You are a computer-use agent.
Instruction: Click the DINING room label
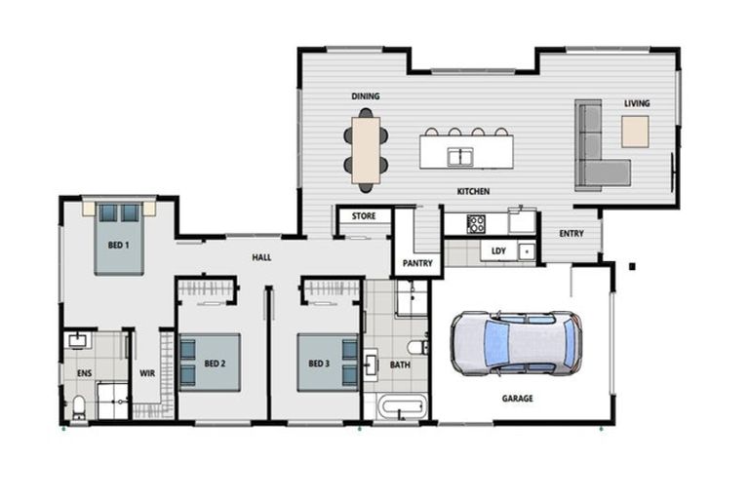[366, 96]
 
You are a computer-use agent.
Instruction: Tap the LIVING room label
[637, 103]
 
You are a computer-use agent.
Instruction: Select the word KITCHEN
[473, 191]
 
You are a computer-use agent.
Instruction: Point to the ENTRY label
[572, 234]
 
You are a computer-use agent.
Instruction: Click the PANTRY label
[417, 263]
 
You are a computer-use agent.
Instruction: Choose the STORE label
[364, 216]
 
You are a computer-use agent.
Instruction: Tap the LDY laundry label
[498, 251]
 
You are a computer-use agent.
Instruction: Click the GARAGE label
[517, 399]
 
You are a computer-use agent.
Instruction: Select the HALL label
[261, 258]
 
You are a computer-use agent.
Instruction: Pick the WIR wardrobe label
[147, 373]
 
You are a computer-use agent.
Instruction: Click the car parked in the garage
[516, 343]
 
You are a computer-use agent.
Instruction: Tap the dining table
[366, 150]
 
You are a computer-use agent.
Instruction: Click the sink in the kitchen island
[460, 157]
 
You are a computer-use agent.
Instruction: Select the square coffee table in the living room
[635, 132]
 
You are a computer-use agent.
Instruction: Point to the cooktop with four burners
[476, 224]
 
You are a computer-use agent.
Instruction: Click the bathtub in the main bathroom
[401, 407]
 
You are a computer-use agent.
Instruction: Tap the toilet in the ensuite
[78, 407]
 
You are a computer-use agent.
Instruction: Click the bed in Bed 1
[118, 239]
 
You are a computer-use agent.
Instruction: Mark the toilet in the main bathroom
[418, 347]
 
